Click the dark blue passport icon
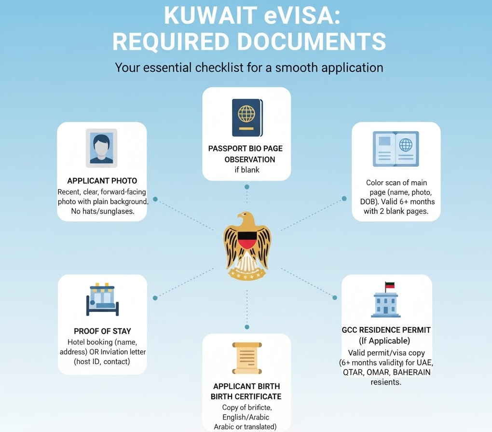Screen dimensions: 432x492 click(x=246, y=117)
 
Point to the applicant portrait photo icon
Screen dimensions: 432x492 click(x=102, y=147)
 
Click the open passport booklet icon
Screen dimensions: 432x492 click(x=396, y=149)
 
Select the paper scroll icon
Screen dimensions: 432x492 click(x=246, y=358)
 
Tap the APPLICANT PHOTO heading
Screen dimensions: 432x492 click(x=102, y=181)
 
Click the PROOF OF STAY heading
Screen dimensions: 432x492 click(x=102, y=331)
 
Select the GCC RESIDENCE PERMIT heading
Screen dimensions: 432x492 click(x=386, y=330)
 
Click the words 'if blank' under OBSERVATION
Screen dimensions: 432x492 click(x=246, y=170)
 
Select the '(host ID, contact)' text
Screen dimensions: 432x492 click(x=102, y=362)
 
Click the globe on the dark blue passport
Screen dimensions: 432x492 click(x=246, y=114)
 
